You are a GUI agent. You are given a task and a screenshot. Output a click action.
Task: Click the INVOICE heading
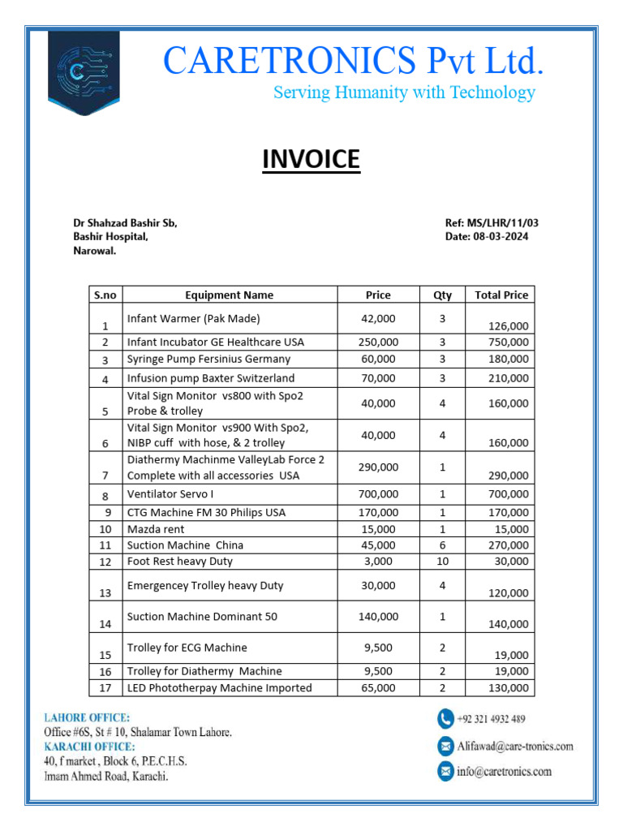coord(311,159)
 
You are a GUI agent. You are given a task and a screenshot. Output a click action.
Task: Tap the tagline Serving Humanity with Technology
coord(404,93)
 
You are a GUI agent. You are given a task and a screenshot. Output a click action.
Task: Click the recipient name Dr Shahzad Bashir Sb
coord(125,223)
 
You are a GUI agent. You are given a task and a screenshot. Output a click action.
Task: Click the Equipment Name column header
coord(229,295)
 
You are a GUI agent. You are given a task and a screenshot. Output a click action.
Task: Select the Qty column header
coord(443,295)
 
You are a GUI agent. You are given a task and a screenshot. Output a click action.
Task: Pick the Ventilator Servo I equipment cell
coord(170,494)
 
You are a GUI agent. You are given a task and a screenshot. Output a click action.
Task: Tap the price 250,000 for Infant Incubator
coord(378,342)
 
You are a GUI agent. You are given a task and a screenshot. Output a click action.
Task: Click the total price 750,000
coord(508,342)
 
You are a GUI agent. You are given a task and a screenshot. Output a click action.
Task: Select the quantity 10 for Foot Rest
coord(443,561)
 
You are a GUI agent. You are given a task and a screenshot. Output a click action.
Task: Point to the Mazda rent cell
coord(156,529)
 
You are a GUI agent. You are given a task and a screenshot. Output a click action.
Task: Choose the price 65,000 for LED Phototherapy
coord(378,687)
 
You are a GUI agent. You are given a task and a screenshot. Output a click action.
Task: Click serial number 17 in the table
coord(105,688)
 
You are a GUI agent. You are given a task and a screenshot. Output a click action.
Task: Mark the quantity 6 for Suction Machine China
coord(443,545)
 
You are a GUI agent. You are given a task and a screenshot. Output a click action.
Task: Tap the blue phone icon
coord(445,719)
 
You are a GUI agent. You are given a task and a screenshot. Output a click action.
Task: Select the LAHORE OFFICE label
coord(86,717)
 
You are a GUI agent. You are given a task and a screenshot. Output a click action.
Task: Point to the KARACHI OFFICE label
coord(89,747)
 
